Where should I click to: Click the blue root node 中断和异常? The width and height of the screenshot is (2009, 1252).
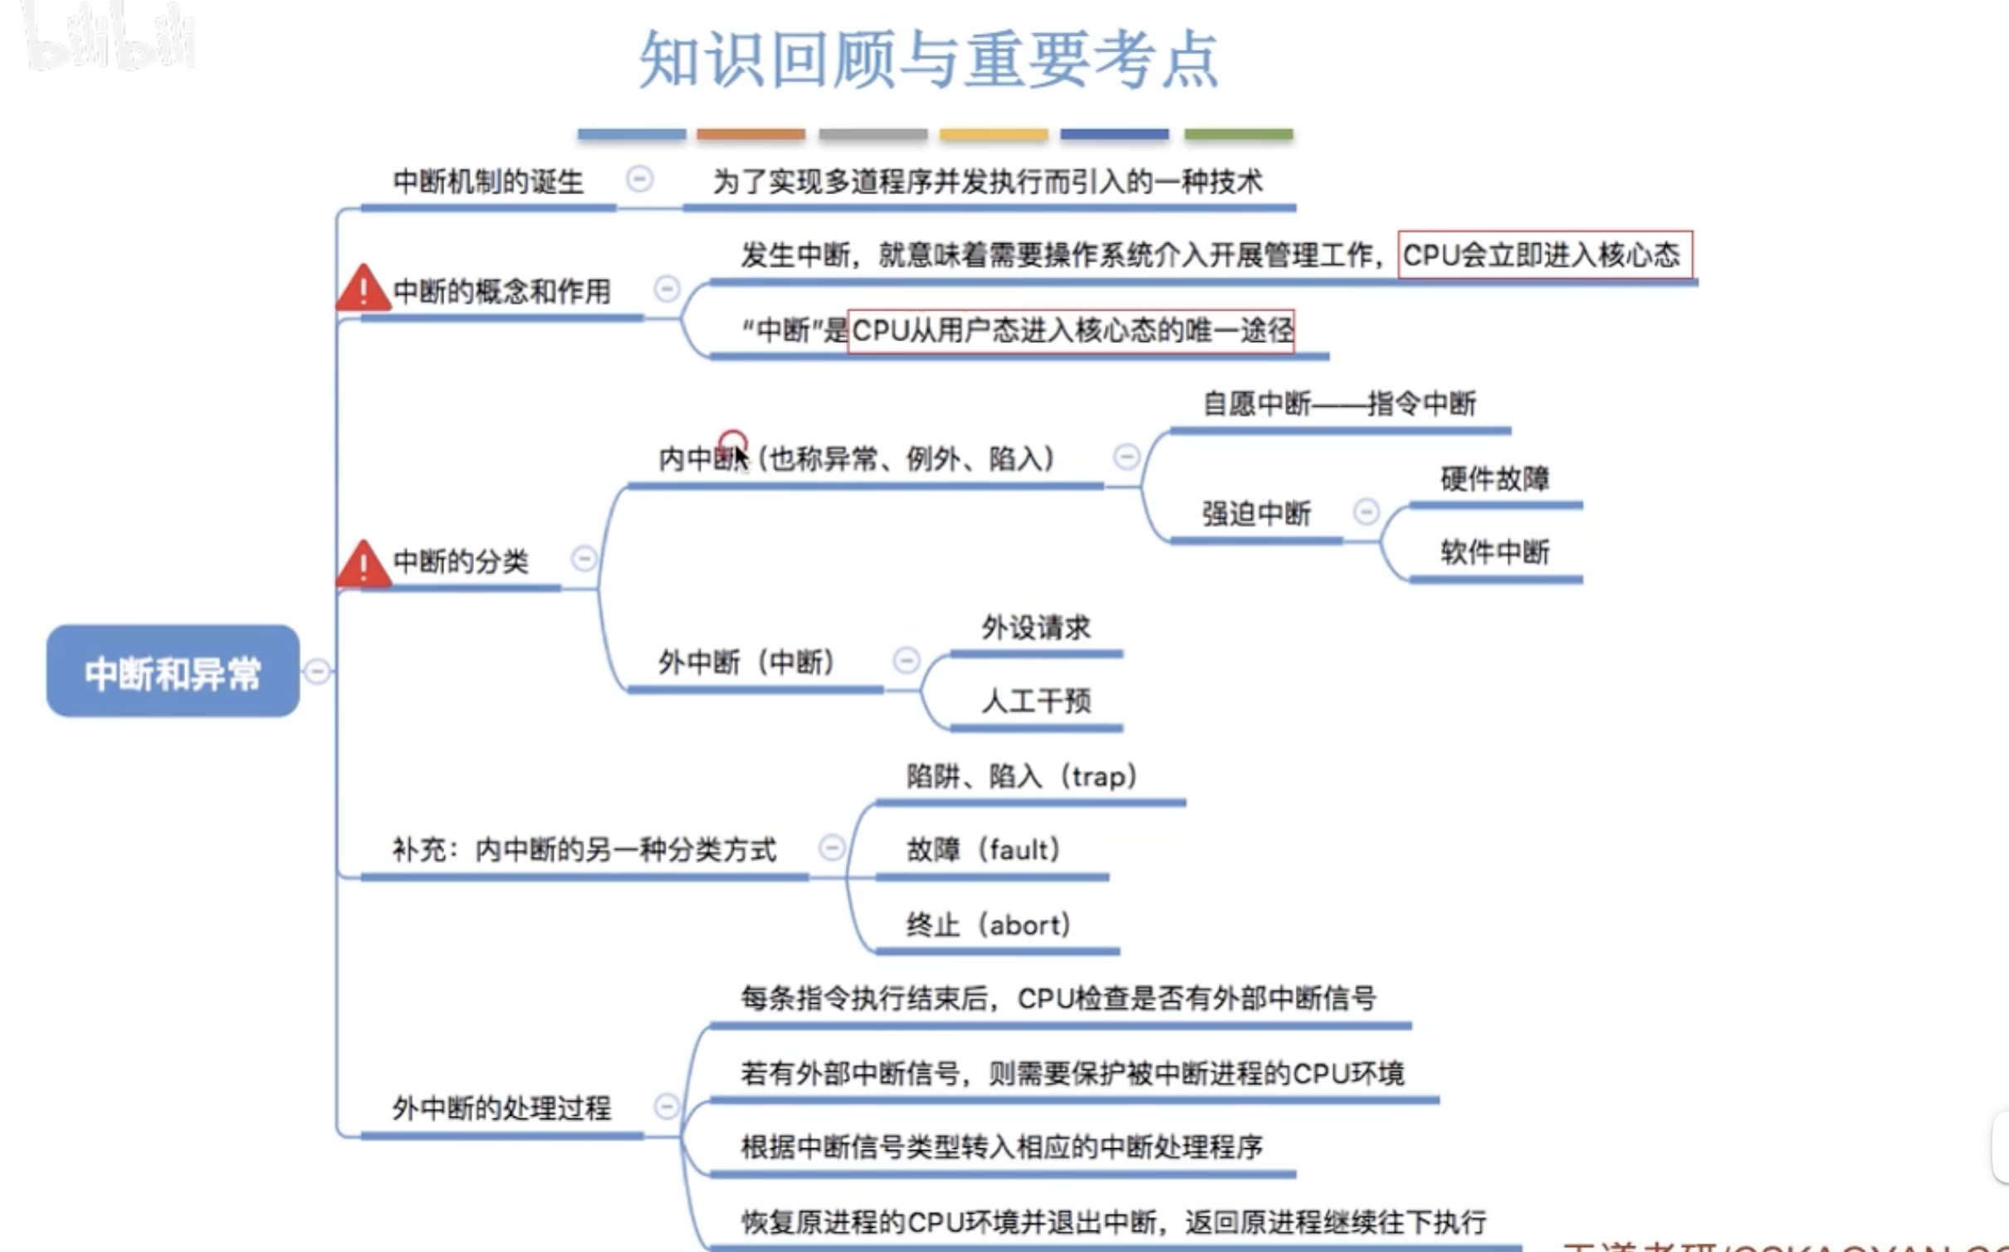[173, 671]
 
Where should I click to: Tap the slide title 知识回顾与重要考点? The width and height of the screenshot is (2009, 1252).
[928, 60]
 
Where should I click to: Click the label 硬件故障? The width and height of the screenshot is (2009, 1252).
[1494, 479]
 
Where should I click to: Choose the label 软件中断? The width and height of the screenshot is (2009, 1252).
[1494, 552]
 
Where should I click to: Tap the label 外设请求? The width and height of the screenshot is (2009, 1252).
[1035, 628]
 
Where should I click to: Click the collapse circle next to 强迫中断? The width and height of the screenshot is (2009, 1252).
[1366, 511]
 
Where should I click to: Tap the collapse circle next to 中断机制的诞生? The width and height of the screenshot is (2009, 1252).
[639, 179]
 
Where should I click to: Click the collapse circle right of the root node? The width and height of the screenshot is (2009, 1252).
[317, 671]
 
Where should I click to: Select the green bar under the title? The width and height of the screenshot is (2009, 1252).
[1238, 134]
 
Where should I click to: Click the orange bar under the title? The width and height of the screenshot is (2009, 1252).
[750, 134]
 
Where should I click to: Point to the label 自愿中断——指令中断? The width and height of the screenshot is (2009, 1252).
[1339, 404]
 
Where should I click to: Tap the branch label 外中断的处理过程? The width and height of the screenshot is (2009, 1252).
[501, 1108]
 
